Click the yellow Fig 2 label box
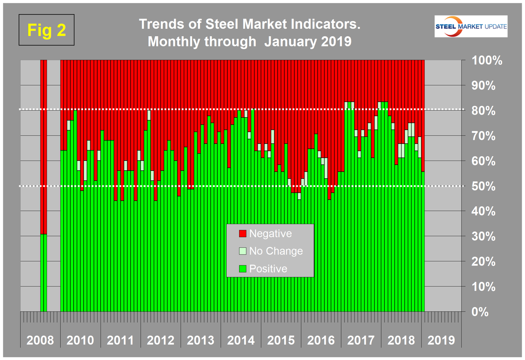click(x=47, y=30)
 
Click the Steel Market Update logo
click(x=471, y=26)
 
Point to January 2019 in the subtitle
click(x=308, y=41)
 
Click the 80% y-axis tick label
click(x=484, y=111)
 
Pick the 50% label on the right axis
click(x=484, y=186)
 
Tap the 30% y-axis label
click(x=484, y=236)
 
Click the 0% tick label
click(x=480, y=312)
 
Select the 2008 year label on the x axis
click(x=40, y=340)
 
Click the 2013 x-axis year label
click(x=200, y=340)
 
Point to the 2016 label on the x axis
click(x=321, y=340)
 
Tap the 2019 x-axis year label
click(x=441, y=340)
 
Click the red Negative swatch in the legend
click(x=243, y=233)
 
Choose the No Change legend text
click(x=276, y=251)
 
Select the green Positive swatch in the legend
click(x=243, y=269)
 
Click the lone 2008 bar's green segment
click(x=44, y=273)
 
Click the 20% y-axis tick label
click(x=484, y=262)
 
